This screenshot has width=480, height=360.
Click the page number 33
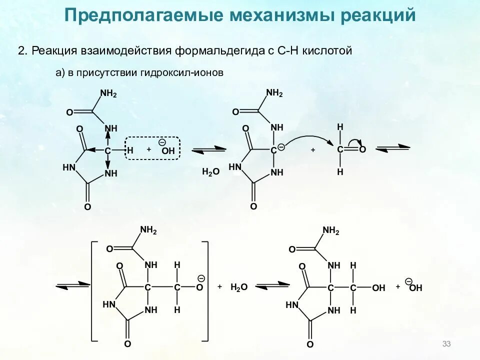[446, 344]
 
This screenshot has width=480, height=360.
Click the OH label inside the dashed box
[167, 150]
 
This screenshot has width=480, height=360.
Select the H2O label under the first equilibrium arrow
[210, 172]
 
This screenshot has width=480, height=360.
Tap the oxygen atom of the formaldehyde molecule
[362, 149]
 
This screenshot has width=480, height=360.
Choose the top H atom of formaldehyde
[340, 127]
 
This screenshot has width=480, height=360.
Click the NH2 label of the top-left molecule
[108, 93]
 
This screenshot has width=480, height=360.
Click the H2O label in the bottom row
[239, 287]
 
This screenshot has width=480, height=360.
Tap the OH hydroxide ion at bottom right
[415, 287]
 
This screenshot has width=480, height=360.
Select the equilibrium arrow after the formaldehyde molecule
[392, 148]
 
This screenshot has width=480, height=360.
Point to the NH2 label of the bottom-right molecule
[330, 230]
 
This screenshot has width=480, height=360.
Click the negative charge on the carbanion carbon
[281, 146]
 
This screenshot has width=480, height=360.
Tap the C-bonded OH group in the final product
[378, 288]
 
